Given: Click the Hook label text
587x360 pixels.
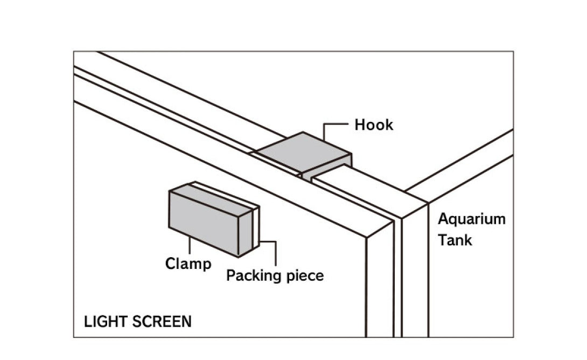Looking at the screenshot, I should (x=374, y=126).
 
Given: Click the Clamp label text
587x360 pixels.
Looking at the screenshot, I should (x=188, y=264).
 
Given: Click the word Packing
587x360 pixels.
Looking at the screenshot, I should (x=255, y=276).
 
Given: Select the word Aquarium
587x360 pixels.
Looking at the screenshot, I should (x=471, y=219).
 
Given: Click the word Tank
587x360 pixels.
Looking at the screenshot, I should (x=455, y=240).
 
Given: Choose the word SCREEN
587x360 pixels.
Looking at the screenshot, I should (x=161, y=322).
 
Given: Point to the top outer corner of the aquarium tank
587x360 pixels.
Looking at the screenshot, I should (x=429, y=203).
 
